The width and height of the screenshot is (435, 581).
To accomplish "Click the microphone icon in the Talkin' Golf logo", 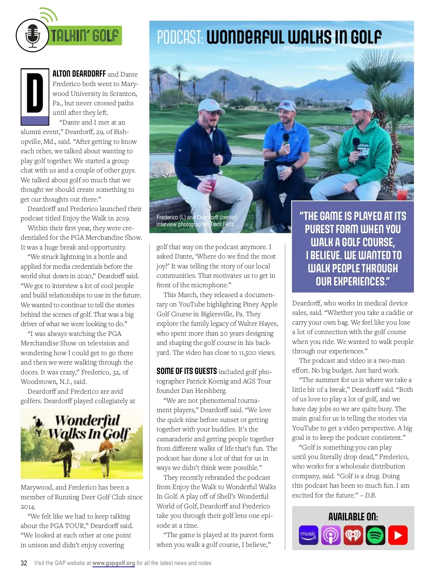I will tap(32, 36).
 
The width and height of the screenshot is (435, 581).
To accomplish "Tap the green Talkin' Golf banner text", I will tap(84, 36).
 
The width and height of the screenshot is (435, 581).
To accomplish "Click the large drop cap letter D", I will tap(35, 93).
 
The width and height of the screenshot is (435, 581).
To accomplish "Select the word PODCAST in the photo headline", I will tap(179, 37).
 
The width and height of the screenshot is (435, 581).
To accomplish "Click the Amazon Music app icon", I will tap(308, 535).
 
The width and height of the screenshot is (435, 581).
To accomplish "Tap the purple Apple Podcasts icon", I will tap(331, 535).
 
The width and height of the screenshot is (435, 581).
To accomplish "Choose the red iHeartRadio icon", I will tap(353, 535).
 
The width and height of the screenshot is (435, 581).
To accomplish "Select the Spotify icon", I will tap(376, 535).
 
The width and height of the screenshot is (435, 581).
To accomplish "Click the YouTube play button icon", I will tap(398, 535).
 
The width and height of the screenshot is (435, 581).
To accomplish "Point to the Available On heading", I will tap(353, 517).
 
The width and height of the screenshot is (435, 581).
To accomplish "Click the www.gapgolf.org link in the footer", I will tap(113, 563).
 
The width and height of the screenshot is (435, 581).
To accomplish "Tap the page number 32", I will tap(24, 563).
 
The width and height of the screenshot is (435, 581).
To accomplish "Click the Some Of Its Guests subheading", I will tap(187, 371).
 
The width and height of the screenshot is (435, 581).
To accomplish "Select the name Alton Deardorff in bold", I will tap(79, 74).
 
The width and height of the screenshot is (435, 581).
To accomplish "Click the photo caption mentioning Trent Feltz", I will tap(196, 221).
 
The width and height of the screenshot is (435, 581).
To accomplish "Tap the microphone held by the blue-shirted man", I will tap(286, 138).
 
